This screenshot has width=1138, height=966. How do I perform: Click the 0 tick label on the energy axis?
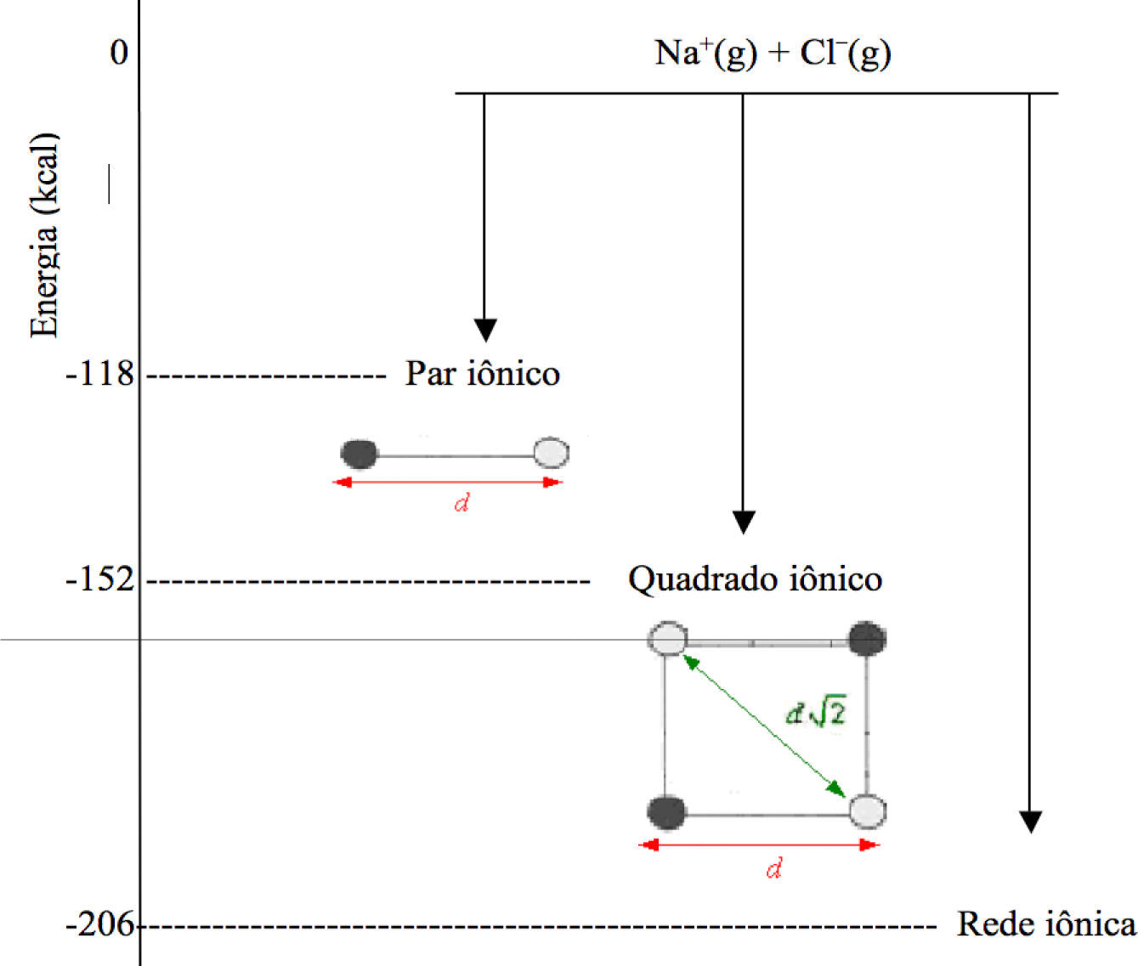[x=119, y=53]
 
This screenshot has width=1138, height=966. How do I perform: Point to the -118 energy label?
[x=100, y=373]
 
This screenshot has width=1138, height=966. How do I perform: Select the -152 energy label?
[x=100, y=579]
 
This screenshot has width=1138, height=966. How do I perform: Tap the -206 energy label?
[x=100, y=924]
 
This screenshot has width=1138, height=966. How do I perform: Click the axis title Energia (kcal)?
[x=44, y=235]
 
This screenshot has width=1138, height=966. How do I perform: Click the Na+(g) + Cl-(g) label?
[x=773, y=54]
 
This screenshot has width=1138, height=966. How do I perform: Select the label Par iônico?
[x=482, y=373]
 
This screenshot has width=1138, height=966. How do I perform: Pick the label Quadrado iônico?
[x=755, y=579]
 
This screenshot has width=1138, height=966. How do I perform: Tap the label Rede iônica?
[x=1046, y=924]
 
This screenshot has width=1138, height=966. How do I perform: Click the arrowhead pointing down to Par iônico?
[x=485, y=330]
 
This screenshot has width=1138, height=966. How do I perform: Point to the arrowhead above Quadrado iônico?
[x=744, y=522]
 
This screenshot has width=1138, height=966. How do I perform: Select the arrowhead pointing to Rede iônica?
[x=1030, y=822]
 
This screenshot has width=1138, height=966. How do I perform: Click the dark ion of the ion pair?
[x=360, y=454]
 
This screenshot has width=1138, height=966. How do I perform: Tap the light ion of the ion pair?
[x=552, y=453]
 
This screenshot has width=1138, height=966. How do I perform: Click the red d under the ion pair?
[x=461, y=504]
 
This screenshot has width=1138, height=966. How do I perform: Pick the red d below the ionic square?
[x=773, y=869]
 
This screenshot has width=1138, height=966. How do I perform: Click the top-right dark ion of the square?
[x=868, y=639]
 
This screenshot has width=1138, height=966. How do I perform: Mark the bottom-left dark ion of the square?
[x=666, y=812]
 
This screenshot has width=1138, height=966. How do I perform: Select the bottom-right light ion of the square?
[x=868, y=811]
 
